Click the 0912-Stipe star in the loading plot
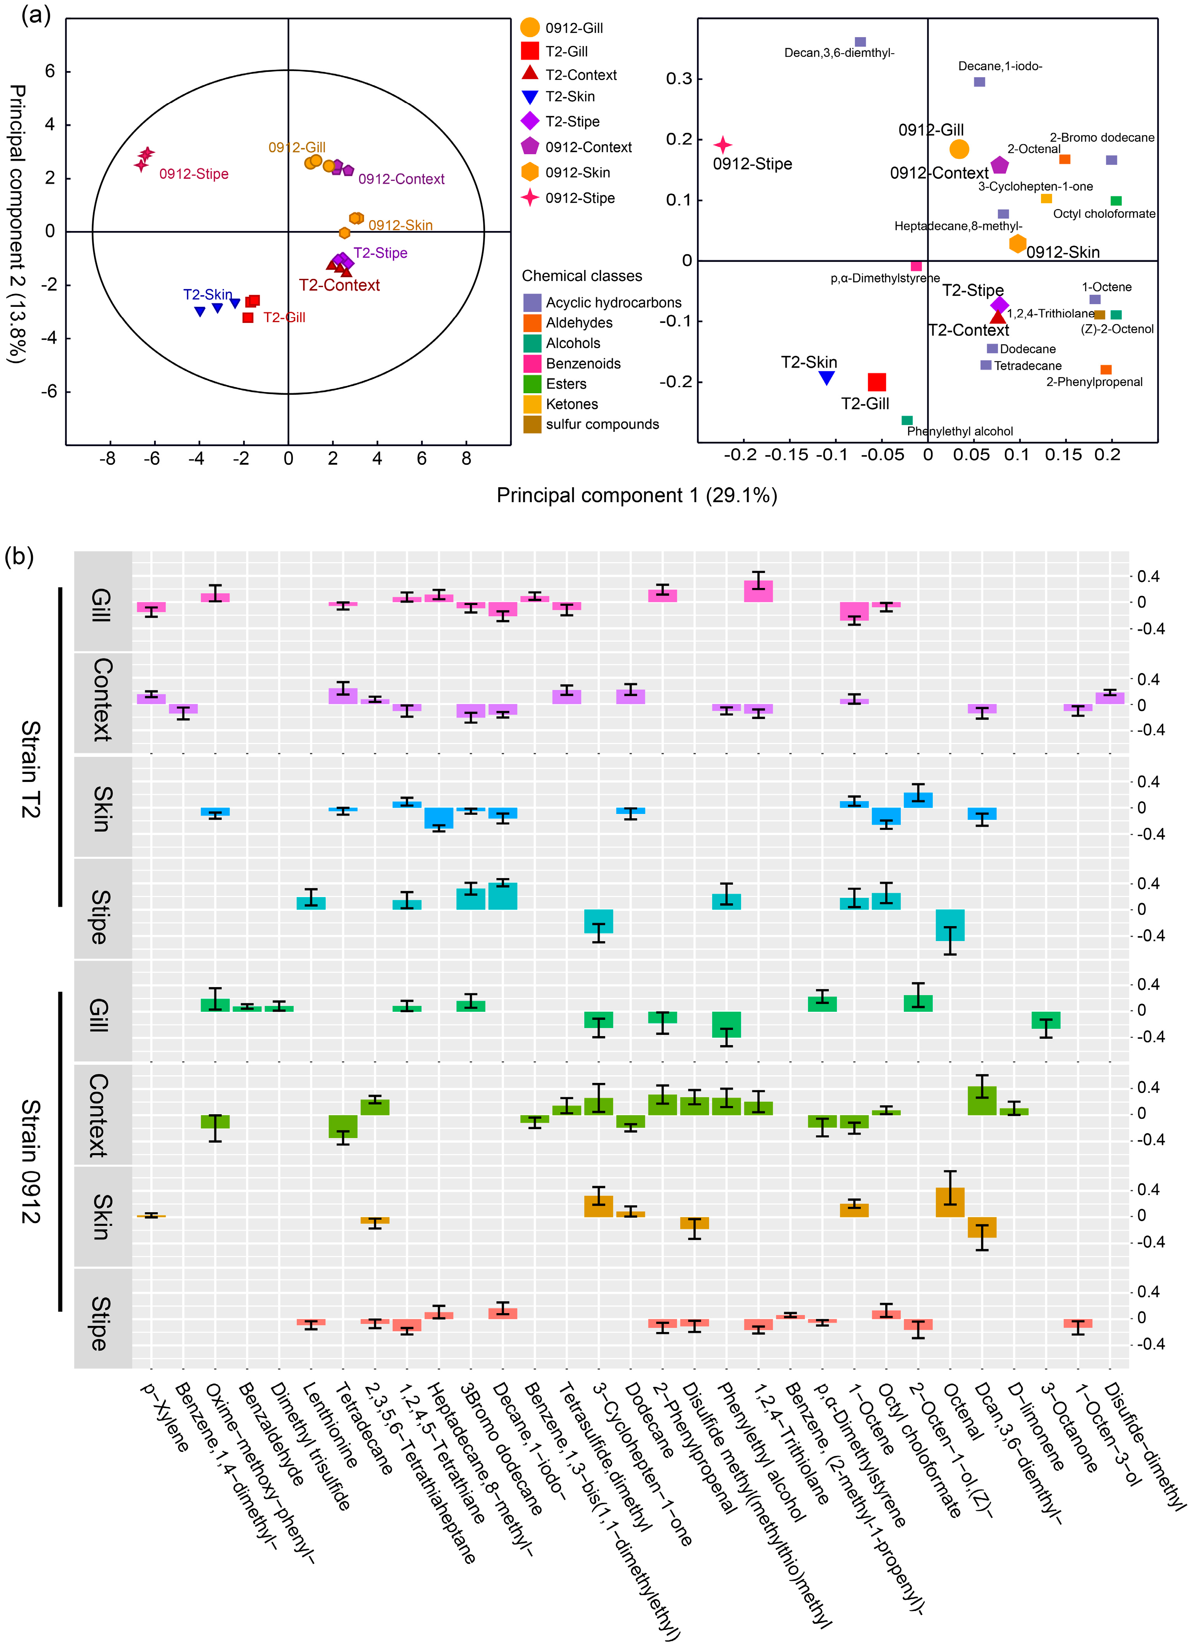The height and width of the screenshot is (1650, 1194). click(723, 145)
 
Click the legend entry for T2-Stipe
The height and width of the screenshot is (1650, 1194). click(572, 121)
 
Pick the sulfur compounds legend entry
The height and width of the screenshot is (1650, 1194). click(602, 424)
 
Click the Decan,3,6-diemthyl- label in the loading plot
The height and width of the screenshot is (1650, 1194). click(839, 53)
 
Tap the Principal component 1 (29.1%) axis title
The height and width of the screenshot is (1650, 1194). click(637, 495)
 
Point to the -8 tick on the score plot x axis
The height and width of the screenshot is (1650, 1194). click(108, 459)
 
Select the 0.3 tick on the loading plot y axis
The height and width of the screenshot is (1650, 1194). click(679, 78)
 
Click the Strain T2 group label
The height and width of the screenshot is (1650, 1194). click(31, 768)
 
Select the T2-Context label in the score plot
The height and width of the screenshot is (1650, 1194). click(339, 285)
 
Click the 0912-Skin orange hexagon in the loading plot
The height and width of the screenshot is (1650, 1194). click(1017, 244)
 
